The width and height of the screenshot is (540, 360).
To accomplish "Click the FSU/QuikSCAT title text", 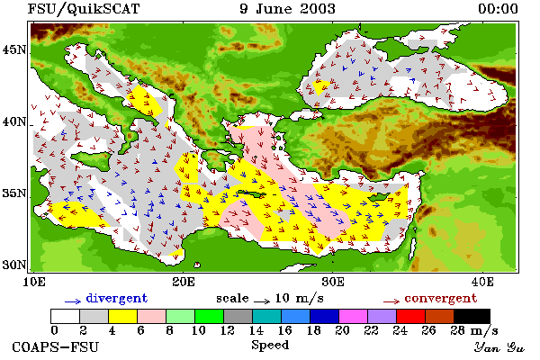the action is [84, 9].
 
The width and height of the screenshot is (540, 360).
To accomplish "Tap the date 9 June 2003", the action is [287, 9].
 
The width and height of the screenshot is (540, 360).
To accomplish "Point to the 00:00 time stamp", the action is [498, 9].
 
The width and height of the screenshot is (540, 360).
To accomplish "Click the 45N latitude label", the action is [14, 50].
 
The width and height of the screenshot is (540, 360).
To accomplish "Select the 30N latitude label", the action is [14, 265].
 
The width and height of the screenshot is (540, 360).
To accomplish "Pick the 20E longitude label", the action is [184, 282].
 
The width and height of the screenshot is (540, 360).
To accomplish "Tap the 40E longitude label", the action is [482, 282].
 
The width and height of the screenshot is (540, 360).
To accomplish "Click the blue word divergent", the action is [117, 298].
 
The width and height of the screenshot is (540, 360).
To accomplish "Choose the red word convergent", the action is [441, 298].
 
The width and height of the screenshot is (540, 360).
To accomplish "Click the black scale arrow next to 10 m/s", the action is [263, 301].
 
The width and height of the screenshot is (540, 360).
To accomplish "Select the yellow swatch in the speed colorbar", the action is [122, 316].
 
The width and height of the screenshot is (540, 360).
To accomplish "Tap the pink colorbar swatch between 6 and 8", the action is [151, 316].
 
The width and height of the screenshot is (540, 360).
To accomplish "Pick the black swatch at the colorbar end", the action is [472, 316].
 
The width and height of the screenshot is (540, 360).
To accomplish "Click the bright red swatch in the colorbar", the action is [410, 316].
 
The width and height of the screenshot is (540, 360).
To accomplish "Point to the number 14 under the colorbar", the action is [256, 330].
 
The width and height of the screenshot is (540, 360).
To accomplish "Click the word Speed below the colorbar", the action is [270, 346].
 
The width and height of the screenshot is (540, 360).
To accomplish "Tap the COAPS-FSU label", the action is [55, 346].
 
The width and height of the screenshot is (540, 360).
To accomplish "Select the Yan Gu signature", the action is [499, 347].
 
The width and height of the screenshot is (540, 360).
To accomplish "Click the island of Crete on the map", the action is [252, 193].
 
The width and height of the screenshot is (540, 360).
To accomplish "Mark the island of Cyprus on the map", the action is [379, 197].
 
